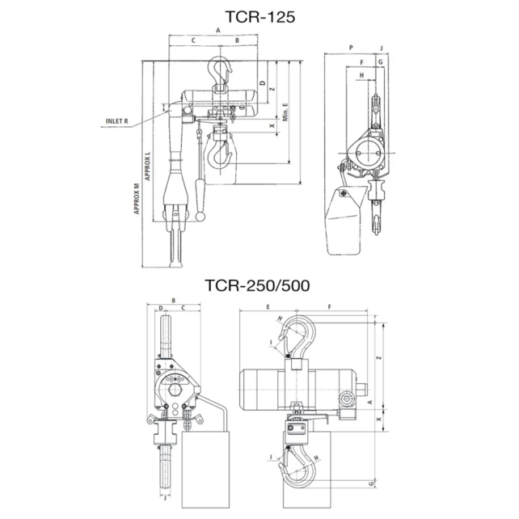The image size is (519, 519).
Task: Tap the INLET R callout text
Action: pyautogui.click(x=117, y=123)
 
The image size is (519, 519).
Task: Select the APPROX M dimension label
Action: pyautogui.click(x=138, y=196)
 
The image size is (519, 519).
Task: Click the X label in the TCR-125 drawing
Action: pyautogui.click(x=271, y=127)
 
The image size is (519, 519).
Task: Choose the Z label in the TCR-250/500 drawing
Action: pyautogui.click(x=378, y=357)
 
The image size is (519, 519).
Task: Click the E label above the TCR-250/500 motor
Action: pyautogui.click(x=267, y=307)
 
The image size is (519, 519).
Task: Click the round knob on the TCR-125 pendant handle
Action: pyautogui.click(x=200, y=217)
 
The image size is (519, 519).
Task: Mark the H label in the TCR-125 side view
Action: pyautogui.click(x=361, y=75)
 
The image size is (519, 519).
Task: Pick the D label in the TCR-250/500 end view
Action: pyautogui.click(x=161, y=308)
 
